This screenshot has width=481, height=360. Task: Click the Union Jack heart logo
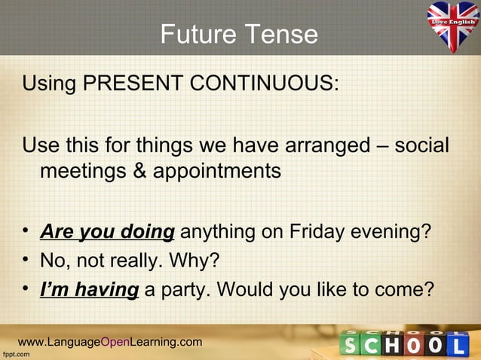pos(453,26)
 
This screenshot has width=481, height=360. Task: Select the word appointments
pos(217,171)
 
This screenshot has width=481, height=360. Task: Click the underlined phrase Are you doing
pos(107,231)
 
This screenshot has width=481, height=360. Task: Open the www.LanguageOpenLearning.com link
pos(110,343)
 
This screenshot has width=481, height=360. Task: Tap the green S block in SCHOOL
pos(353,346)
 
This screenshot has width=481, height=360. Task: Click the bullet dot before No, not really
pos(27,261)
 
